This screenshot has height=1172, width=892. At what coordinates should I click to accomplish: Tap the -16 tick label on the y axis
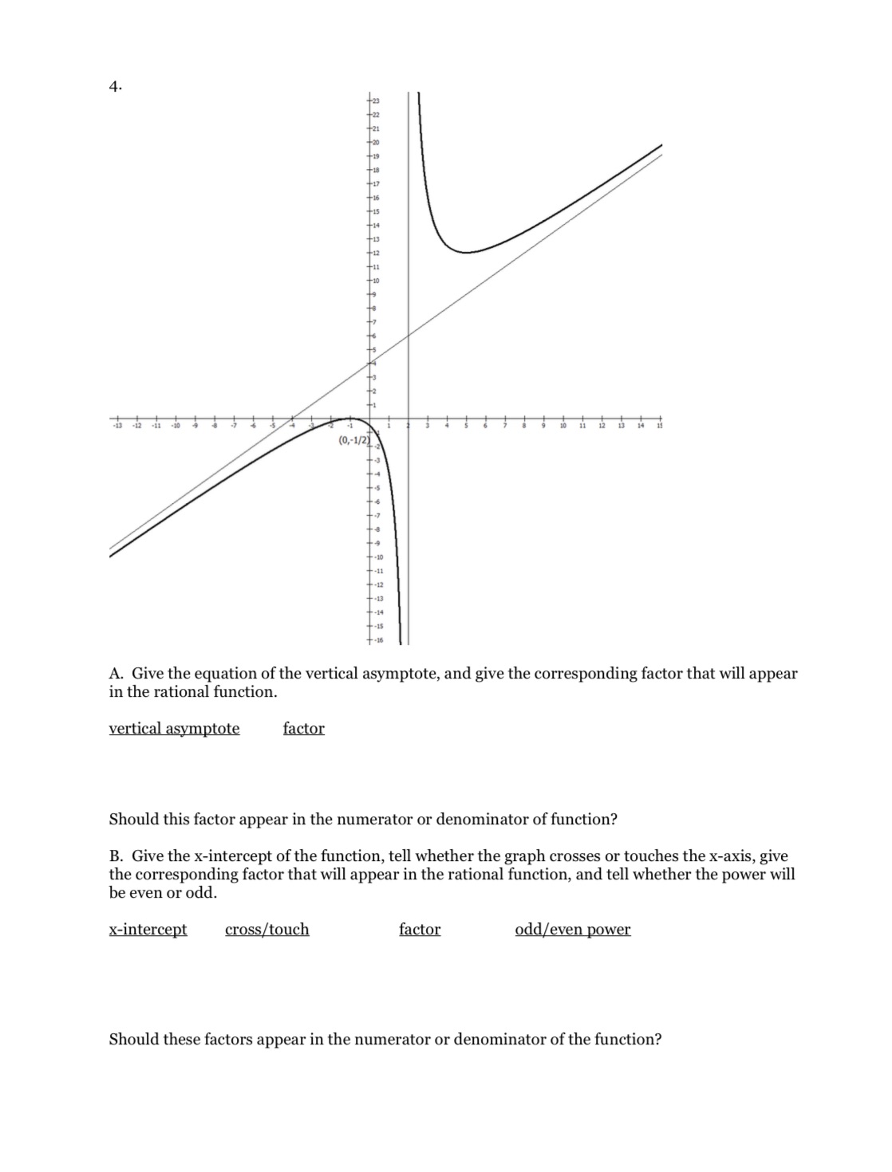coord(380,640)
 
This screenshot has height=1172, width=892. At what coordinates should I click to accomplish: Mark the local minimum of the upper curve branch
coord(465,252)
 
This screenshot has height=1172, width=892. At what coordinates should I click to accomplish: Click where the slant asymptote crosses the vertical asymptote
coord(409,336)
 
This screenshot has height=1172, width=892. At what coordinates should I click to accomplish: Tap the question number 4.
coord(116,87)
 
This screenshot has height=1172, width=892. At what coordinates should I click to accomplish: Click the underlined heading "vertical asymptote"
coord(174,728)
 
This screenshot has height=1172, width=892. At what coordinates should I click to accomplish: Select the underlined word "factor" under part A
coord(304,728)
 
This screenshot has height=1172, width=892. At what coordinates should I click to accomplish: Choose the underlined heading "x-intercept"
coord(148,929)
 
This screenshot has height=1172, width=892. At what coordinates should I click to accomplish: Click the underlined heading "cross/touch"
coord(267,929)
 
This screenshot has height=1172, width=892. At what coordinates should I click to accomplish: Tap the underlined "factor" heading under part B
coord(420,929)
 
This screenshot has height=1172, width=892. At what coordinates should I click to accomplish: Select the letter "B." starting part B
coord(116,856)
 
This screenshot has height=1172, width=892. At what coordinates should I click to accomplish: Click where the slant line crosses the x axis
coord(293,419)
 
